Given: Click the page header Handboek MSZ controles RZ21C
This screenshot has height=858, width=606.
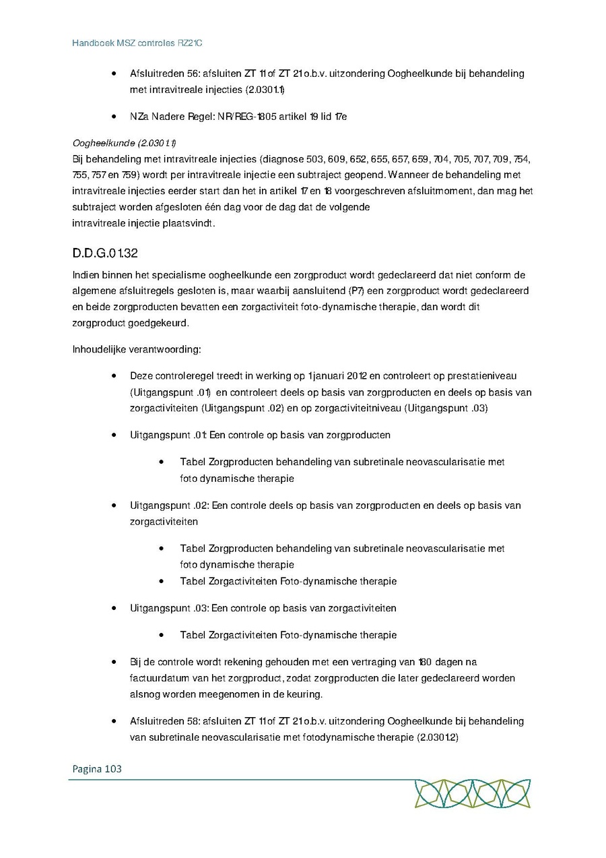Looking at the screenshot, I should [x=137, y=43].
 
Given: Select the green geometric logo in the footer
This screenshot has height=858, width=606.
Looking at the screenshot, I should [x=472, y=793].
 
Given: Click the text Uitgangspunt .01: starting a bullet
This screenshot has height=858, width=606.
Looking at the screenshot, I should [x=169, y=435].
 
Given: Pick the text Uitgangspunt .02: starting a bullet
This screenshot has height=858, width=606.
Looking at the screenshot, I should [x=169, y=505].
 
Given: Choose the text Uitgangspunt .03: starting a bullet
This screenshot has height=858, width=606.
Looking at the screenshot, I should [x=169, y=608].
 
